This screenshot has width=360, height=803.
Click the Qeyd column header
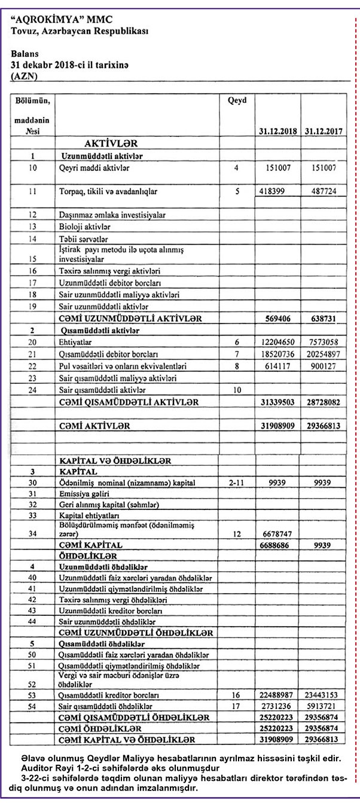coord(237,100)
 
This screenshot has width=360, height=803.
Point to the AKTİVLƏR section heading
coord(103,144)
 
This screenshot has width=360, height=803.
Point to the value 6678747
coord(277,533)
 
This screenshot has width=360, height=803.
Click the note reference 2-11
coord(237,482)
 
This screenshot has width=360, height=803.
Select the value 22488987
coord(276,695)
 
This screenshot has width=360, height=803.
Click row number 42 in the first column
coord(33,599)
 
